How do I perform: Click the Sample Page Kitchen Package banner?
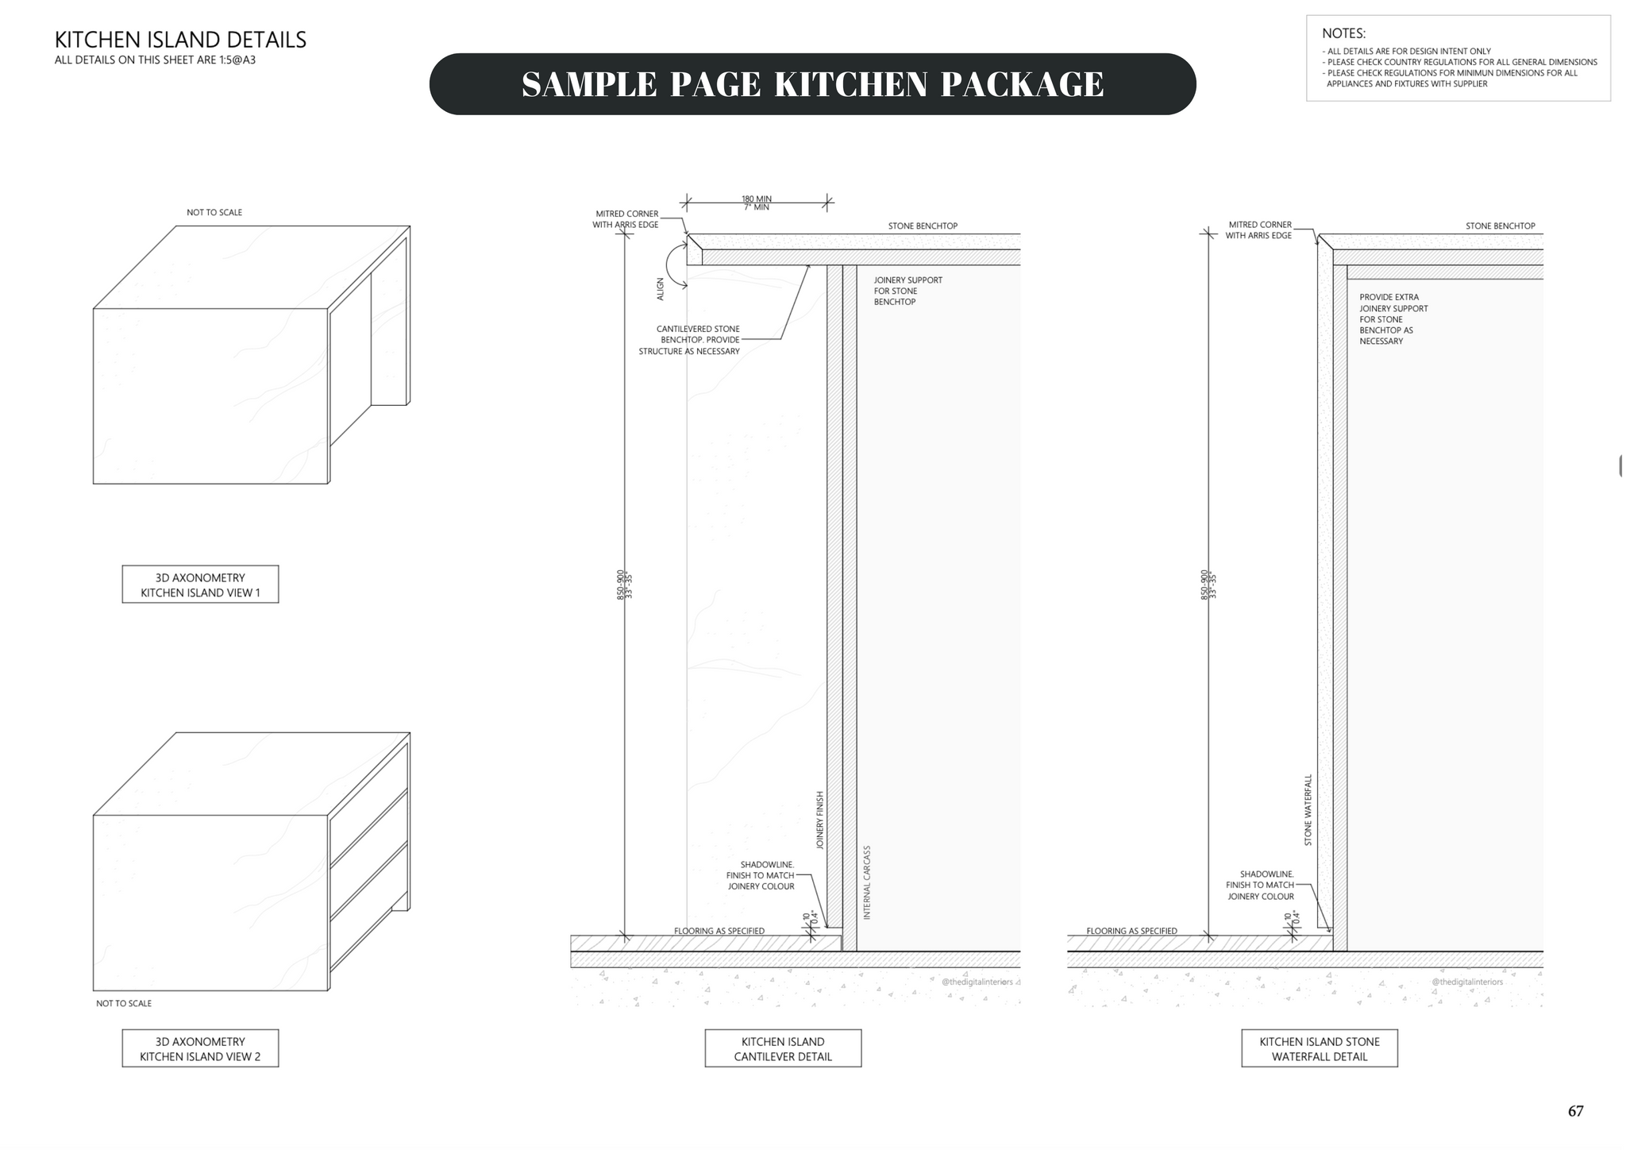click(x=812, y=84)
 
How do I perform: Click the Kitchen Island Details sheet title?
click(x=180, y=40)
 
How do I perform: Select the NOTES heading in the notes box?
click(x=1343, y=33)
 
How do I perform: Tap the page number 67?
click(x=1575, y=1111)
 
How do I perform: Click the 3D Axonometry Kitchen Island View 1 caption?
click(x=200, y=585)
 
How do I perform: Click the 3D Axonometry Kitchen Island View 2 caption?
click(x=200, y=1048)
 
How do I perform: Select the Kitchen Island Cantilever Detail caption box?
click(x=783, y=1048)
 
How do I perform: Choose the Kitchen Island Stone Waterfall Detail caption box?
click(x=1320, y=1048)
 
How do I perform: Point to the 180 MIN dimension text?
click(x=757, y=199)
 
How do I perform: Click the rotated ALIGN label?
click(x=661, y=288)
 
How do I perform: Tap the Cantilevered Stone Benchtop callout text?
click(x=690, y=340)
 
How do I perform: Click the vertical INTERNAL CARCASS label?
click(x=867, y=882)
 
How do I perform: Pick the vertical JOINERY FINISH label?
click(x=820, y=820)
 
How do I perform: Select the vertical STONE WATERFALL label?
click(x=1308, y=809)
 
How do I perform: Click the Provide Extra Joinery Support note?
click(x=1393, y=319)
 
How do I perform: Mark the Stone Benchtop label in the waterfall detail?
click(x=1500, y=226)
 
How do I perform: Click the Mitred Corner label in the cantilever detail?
click(x=626, y=219)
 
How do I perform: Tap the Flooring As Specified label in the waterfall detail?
click(x=1131, y=931)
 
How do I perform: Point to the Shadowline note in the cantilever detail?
click(x=761, y=875)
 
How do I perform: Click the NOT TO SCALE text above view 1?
click(x=214, y=213)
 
